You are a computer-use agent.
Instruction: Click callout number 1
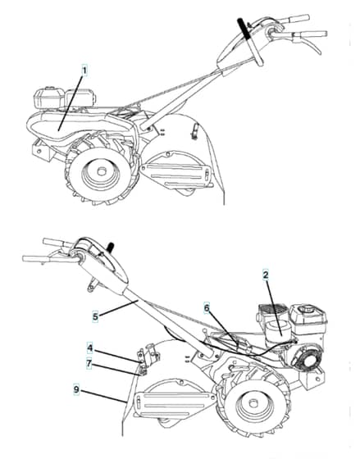[84, 70]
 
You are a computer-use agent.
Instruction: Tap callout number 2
[266, 275]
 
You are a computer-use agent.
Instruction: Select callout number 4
[90, 348]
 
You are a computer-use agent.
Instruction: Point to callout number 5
[95, 316]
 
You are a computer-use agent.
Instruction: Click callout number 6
[207, 308]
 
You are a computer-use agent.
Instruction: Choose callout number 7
[89, 364]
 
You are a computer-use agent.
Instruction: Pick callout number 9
[76, 389]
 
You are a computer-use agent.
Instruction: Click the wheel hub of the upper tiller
[101, 171]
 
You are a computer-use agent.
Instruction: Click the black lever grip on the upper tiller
[244, 28]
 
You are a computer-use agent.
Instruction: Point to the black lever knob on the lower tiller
[111, 247]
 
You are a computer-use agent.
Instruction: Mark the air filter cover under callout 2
[278, 331]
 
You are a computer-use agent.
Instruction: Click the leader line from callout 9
[103, 395]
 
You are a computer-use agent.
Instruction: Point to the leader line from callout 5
[118, 308]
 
